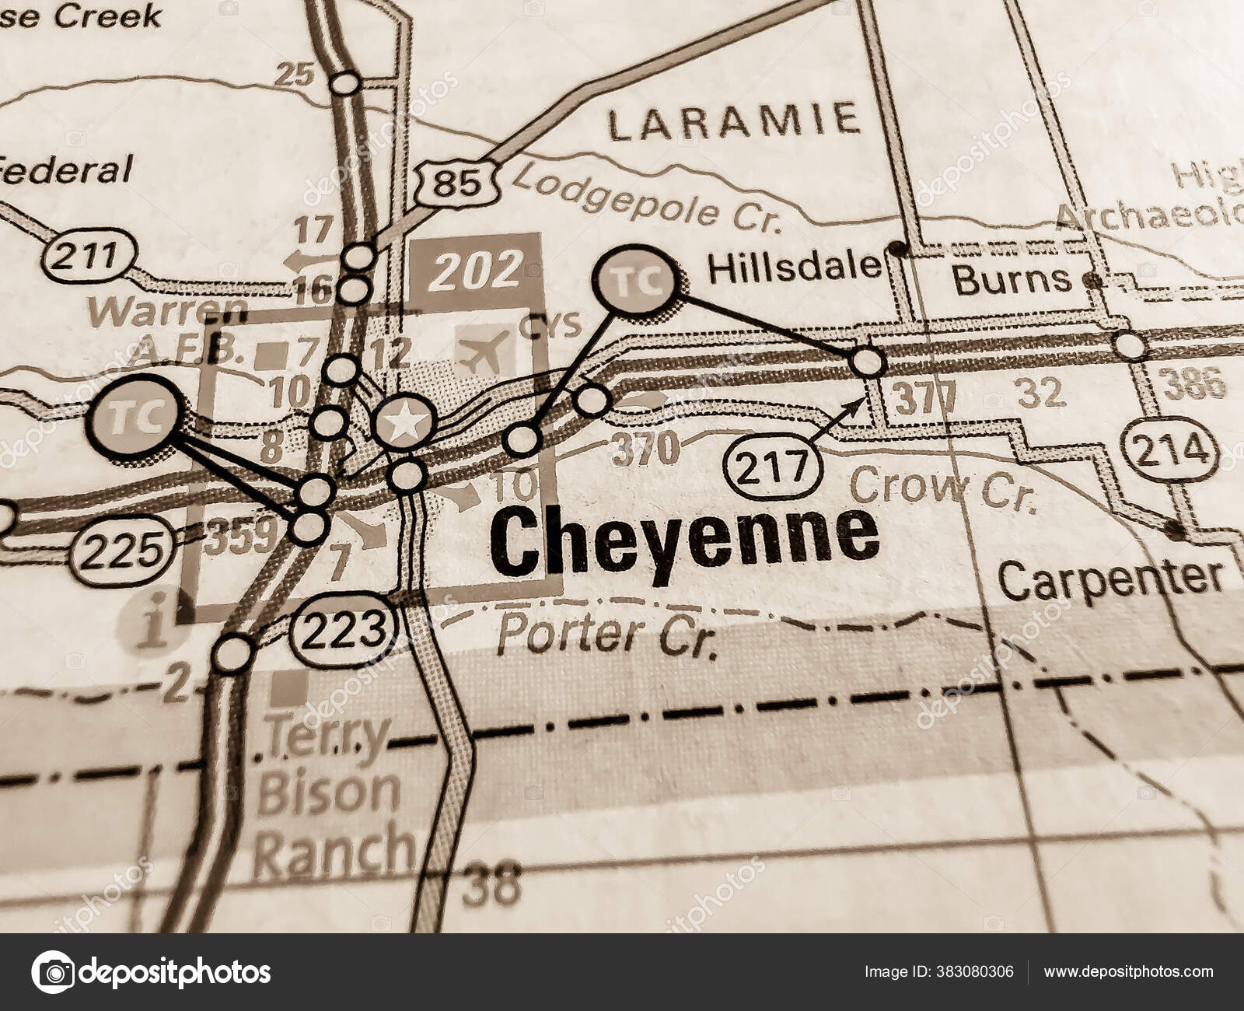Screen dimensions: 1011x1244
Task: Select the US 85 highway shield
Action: click(x=456, y=184)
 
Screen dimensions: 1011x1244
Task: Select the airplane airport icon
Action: click(x=484, y=350)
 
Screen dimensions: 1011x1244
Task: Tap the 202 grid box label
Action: click(x=477, y=270)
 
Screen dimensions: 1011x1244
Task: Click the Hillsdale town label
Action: click(x=795, y=268)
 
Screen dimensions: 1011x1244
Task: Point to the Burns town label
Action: click(x=1012, y=280)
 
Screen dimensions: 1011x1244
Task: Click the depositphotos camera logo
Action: click(x=53, y=972)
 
